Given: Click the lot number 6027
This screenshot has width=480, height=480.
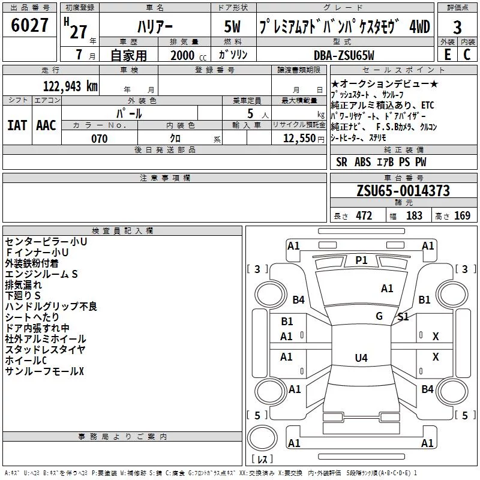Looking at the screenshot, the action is (29, 25).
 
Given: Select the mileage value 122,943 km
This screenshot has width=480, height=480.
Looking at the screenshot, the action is (70, 86).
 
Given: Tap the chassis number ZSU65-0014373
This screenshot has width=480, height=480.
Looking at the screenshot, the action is (403, 191).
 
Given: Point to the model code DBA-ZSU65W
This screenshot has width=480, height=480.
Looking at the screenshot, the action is (344, 55).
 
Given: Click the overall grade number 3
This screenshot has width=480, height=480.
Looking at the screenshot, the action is (457, 28).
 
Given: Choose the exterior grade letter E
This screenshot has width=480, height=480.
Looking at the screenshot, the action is (447, 55).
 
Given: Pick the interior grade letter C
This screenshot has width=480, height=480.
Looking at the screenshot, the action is (467, 55).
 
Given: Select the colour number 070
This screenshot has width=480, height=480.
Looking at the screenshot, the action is (100, 139).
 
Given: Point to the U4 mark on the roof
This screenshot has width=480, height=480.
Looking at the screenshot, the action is (361, 358).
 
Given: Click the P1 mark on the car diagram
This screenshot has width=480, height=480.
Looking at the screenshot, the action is (361, 260).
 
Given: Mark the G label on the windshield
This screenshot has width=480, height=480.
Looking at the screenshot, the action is (379, 316).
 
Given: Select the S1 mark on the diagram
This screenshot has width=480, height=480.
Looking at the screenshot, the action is (403, 317).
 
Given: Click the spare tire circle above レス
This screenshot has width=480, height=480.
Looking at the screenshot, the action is (262, 437).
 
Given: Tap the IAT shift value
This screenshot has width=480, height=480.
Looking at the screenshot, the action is (17, 125).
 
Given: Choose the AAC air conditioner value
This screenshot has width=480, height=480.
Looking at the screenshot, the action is (46, 125).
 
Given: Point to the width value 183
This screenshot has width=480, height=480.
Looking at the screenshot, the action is (414, 215).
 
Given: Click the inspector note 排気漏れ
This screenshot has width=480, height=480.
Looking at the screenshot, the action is (23, 284).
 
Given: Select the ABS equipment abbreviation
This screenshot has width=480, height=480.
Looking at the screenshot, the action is (362, 162).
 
